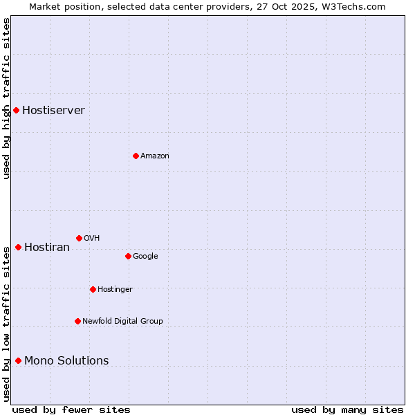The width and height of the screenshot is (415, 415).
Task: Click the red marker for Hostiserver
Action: tap(16, 110)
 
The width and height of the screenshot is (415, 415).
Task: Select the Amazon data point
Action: tap(136, 156)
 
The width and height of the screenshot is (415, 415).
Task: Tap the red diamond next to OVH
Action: tap(79, 238)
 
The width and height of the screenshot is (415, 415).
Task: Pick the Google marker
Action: tap(128, 256)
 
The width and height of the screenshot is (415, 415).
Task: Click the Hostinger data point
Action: tap(93, 289)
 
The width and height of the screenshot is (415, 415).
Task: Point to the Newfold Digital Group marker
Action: tap(77, 321)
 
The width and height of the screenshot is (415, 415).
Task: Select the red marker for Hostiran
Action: tap(18, 247)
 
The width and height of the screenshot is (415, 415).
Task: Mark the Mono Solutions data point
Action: tap(18, 360)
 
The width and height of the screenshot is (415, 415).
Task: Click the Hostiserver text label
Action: tap(53, 111)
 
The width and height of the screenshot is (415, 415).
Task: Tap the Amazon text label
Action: tap(155, 156)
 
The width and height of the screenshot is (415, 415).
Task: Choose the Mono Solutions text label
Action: tap(66, 361)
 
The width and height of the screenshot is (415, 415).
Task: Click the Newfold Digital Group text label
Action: tap(122, 321)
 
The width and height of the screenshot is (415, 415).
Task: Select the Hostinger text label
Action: tap(115, 289)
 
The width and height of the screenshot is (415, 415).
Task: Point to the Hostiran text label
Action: tap(47, 248)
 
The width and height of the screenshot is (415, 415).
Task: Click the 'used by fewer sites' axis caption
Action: tap(71, 409)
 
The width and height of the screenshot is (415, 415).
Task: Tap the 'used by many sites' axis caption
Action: tap(347, 409)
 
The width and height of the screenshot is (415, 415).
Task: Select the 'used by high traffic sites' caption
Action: tap(6, 98)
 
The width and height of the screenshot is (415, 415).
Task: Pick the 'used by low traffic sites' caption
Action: tap(6, 324)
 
